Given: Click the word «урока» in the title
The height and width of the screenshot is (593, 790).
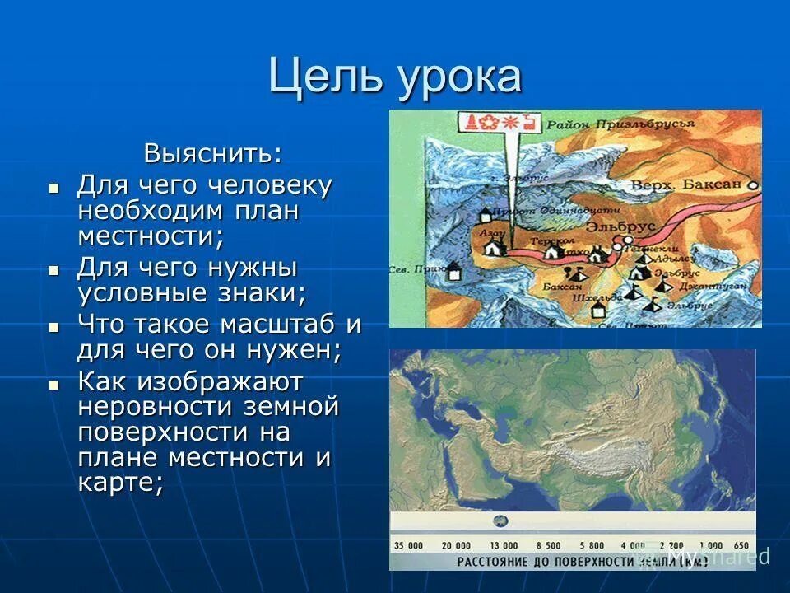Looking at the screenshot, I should tap(461, 77).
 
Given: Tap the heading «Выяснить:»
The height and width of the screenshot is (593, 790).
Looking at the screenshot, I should tap(212, 153).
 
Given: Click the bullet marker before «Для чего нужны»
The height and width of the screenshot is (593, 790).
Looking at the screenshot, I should tap(54, 270).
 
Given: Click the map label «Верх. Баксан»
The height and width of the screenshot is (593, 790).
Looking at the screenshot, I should tap(685, 184).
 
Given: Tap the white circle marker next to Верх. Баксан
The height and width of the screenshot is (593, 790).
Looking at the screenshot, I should tap(752, 186).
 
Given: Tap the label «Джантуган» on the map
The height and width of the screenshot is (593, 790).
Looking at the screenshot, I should tap(701, 287).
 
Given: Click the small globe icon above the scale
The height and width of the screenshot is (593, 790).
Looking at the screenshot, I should tap(500, 521).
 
